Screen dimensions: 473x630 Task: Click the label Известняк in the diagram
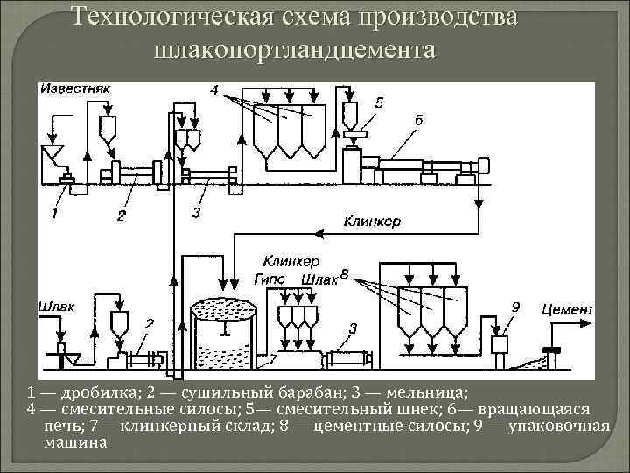pyautogui.click(x=73, y=88)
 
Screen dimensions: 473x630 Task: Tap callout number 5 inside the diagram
pyautogui.click(x=378, y=102)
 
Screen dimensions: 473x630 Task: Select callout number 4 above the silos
pyautogui.click(x=215, y=90)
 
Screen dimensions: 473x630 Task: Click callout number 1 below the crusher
pyautogui.click(x=54, y=213)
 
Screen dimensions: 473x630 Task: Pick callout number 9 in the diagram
pyautogui.click(x=515, y=307)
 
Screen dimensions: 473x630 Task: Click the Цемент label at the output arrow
pyautogui.click(x=568, y=308)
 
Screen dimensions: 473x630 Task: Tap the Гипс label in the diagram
pyautogui.click(x=272, y=279)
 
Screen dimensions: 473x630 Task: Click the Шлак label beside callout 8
pyautogui.click(x=318, y=279)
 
